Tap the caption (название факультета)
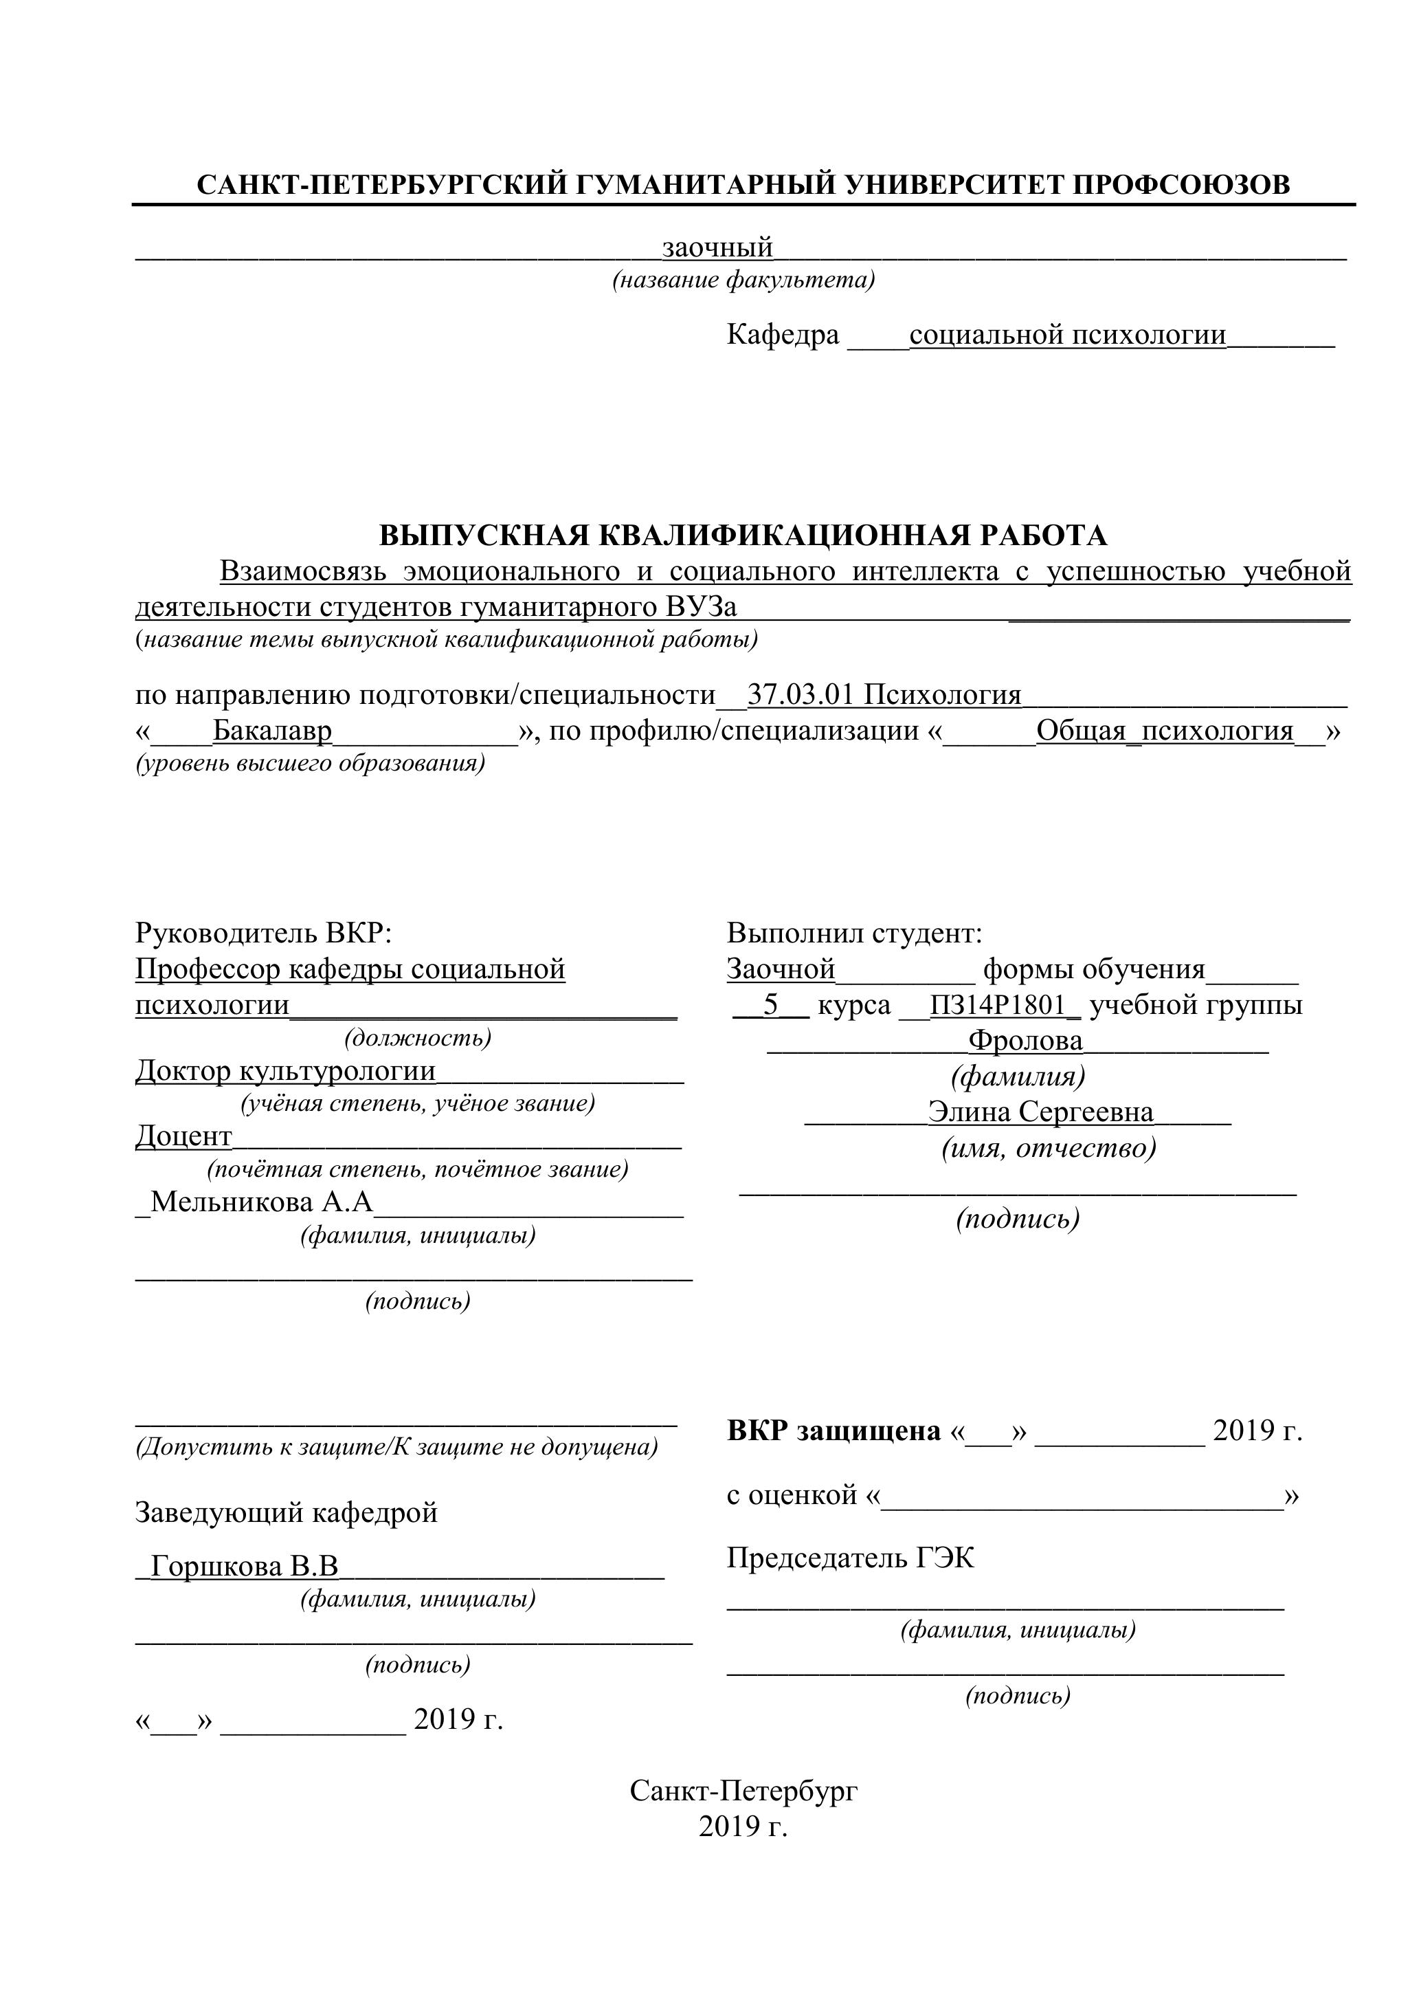click(743, 280)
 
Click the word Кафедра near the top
click(782, 334)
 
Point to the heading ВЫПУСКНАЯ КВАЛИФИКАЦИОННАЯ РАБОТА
click(743, 535)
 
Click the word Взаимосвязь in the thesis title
click(303, 572)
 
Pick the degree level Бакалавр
click(272, 731)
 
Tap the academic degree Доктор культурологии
click(285, 1071)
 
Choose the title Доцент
click(183, 1136)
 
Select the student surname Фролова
click(1025, 1041)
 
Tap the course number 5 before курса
click(770, 1005)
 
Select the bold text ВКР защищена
click(833, 1431)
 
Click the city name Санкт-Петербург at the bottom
click(743, 1791)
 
